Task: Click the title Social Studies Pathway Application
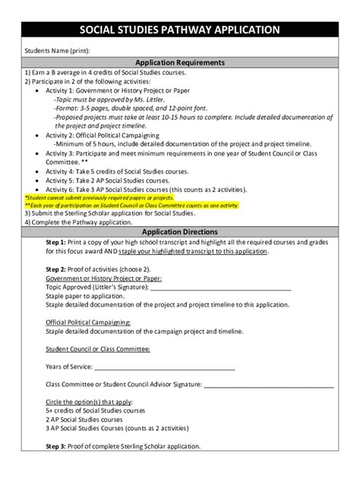(179, 31)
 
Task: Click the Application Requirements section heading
(179, 62)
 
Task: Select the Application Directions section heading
(179, 231)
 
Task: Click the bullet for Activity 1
(39, 90)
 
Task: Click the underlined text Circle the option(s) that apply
(92, 402)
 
